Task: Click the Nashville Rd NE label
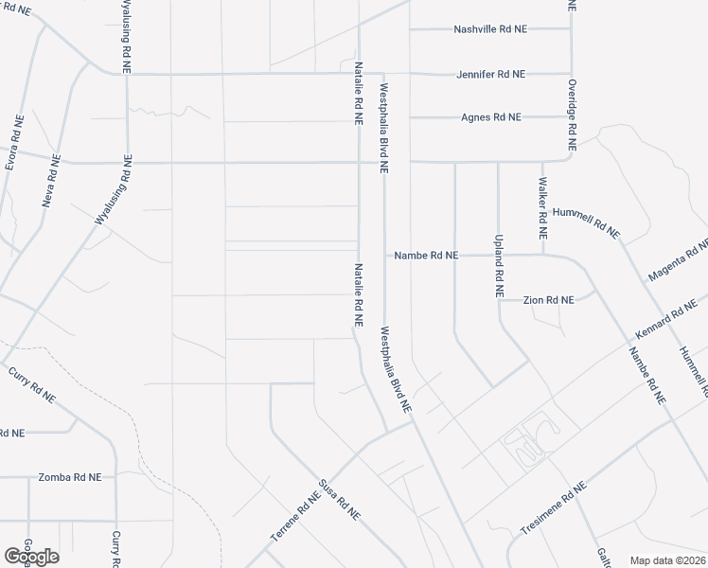click(x=490, y=29)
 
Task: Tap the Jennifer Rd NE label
click(x=490, y=74)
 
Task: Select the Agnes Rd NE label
click(x=491, y=117)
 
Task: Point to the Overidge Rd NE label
click(x=572, y=115)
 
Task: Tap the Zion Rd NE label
click(x=549, y=300)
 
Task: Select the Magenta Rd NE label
click(x=678, y=262)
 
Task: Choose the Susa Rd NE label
click(x=339, y=500)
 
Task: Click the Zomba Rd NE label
click(x=69, y=478)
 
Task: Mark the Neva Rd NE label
click(x=51, y=181)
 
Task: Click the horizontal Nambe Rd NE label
click(x=426, y=256)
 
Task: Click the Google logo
click(x=31, y=557)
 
